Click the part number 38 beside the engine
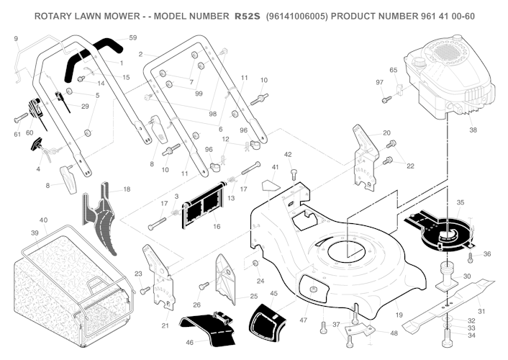(473, 130)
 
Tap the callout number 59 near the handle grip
(132, 37)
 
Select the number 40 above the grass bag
(43, 220)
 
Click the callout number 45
(274, 293)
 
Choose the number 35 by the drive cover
(460, 202)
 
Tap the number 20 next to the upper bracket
(386, 132)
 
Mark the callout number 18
(127, 189)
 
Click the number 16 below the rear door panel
(216, 227)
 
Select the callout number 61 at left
(17, 134)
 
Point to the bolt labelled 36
(470, 256)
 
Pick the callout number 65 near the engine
(393, 70)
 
